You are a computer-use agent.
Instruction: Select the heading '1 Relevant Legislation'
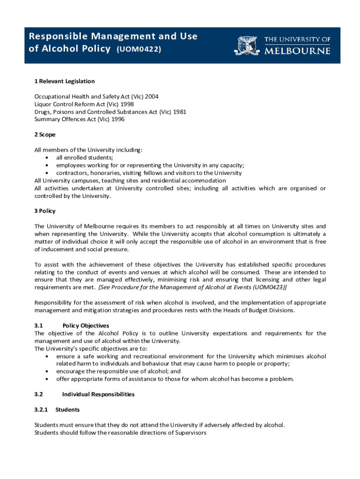coord(65,81)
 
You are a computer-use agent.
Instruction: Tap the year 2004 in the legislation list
coord(151,96)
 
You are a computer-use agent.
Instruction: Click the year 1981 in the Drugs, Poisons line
coord(180,112)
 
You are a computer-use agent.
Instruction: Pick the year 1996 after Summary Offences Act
coord(118,119)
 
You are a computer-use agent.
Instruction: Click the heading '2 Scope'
coord(45,135)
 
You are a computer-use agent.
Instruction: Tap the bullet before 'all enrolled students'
coord(47,158)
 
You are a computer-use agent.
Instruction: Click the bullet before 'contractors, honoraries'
coord(47,173)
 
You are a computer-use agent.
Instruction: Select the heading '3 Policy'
coord(45,211)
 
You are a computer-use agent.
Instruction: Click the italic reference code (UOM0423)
coord(268,287)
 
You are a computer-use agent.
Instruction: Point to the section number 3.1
coord(39,326)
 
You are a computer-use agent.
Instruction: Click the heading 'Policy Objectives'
coord(86,326)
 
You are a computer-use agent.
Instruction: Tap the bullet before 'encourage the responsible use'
coord(47,371)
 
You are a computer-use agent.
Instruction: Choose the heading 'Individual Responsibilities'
coord(98,394)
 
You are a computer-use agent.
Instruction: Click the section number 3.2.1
coord(41,410)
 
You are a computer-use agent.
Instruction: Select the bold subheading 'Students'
coord(67,410)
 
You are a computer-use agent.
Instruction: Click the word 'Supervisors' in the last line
coord(191,433)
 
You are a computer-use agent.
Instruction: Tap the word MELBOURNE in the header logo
coord(297,51)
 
